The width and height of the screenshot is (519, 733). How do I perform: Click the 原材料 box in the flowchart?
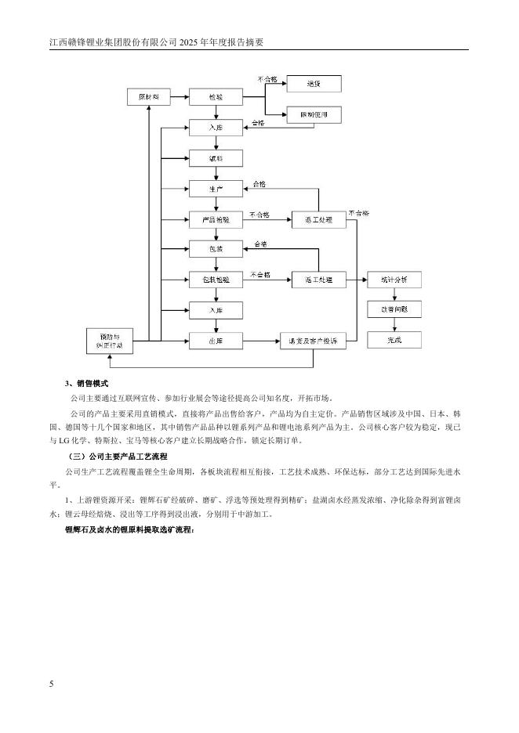(148, 96)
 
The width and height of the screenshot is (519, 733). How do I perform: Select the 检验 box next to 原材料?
(216, 96)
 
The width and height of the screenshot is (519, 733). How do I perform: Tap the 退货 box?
(314, 82)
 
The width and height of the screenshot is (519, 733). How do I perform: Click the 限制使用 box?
(314, 114)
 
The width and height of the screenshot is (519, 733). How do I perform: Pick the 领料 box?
(216, 158)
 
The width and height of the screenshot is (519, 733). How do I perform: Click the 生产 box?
(216, 189)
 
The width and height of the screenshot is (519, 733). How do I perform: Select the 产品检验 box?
(216, 220)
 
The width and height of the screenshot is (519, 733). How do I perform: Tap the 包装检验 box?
(216, 280)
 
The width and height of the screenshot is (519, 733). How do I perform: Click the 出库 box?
(216, 340)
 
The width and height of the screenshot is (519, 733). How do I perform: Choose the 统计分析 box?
(394, 280)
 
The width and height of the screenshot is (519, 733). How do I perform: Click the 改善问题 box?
(394, 309)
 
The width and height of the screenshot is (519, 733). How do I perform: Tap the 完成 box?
(394, 340)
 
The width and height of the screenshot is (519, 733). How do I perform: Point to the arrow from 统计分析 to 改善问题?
(394, 294)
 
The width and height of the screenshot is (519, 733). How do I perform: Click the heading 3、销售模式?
(86, 384)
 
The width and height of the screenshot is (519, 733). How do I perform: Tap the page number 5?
(52, 684)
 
